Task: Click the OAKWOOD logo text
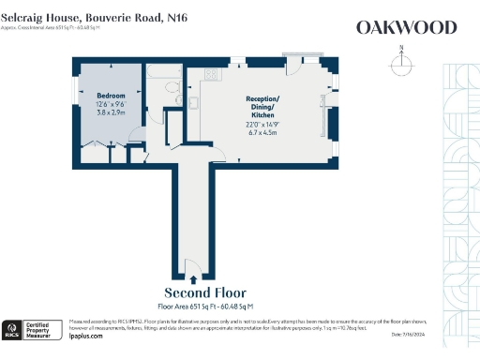[406, 27]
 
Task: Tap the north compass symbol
[401, 63]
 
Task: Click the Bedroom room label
[112, 95]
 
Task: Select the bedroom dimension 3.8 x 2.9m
[112, 110]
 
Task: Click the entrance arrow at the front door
[192, 278]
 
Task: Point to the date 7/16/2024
[432, 335]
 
